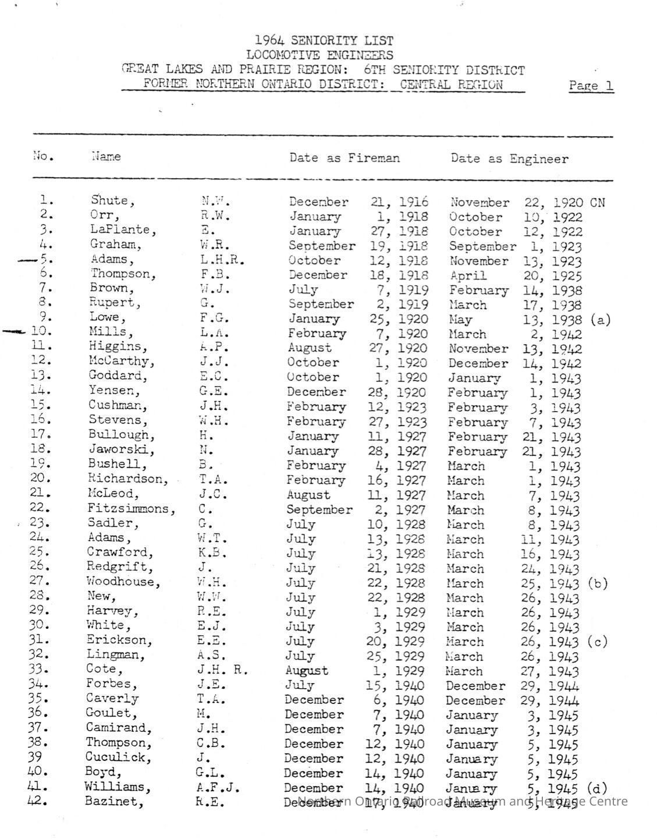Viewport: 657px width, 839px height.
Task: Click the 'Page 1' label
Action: (591, 86)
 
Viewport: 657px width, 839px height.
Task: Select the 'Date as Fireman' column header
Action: (345, 158)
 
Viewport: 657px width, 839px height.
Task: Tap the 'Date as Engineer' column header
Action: (509, 158)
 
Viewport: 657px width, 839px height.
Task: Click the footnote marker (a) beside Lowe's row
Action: (600, 319)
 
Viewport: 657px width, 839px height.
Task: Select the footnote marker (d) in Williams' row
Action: (596, 788)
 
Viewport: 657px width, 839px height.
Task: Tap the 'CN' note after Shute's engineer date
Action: (597, 203)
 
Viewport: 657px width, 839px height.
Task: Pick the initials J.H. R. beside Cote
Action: (222, 670)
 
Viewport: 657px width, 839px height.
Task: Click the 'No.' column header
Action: (43, 156)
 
